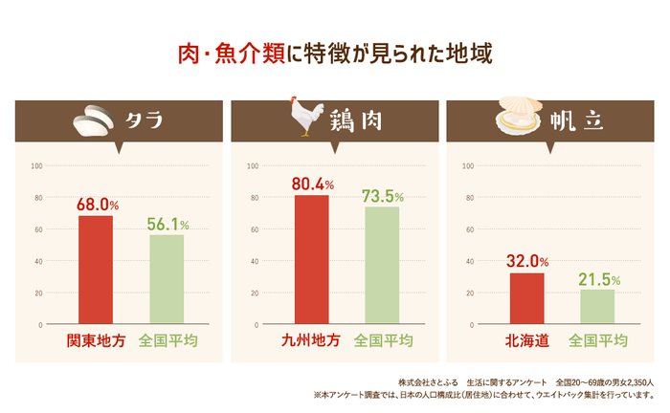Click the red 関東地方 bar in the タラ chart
click(x=95, y=270)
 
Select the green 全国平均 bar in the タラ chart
click(x=167, y=279)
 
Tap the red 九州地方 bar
click(x=311, y=259)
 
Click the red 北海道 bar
click(x=526, y=298)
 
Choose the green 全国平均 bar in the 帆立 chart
click(x=597, y=307)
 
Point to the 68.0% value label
click(x=97, y=205)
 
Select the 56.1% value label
click(x=167, y=224)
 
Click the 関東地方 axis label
click(x=96, y=340)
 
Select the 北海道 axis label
click(x=526, y=340)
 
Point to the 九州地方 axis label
click(x=311, y=340)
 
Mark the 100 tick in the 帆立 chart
click(x=468, y=166)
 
